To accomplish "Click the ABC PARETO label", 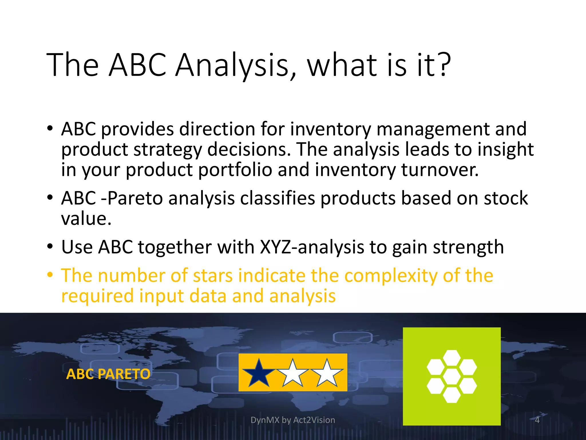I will click(x=108, y=374).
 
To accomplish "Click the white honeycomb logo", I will click(x=452, y=376).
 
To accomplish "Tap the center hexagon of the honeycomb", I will click(x=452, y=376).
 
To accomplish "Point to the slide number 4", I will click(x=537, y=420).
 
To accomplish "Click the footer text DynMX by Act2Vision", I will click(x=293, y=420).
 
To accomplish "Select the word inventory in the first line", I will click(x=330, y=129).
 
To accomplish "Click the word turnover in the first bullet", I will click(x=439, y=170).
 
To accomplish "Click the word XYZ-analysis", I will click(x=312, y=247).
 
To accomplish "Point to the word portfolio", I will click(x=235, y=170).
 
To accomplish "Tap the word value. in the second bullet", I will click(x=86, y=219).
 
